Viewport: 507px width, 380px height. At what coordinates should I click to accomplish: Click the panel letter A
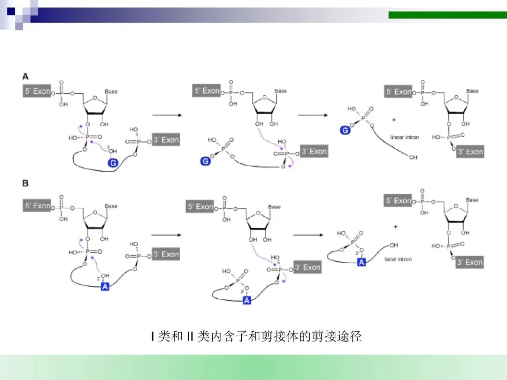pyautogui.click(x=25, y=76)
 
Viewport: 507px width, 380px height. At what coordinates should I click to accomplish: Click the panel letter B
pyautogui.click(x=25, y=183)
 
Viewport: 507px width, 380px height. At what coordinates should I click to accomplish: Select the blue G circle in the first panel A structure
pyautogui.click(x=113, y=163)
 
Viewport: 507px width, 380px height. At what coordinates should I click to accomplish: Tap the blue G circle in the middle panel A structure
pyautogui.click(x=205, y=161)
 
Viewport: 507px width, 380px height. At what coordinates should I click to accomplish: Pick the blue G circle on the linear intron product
pyautogui.click(x=345, y=130)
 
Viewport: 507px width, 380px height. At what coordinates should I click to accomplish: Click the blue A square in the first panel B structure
pyautogui.click(x=105, y=286)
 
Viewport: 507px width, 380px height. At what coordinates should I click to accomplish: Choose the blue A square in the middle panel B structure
pyautogui.click(x=247, y=300)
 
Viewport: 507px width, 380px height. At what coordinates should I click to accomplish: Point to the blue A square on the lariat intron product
pyautogui.click(x=361, y=262)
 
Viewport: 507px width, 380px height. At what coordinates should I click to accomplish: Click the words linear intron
pyautogui.click(x=405, y=137)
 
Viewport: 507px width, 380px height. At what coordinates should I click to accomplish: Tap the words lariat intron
pyautogui.click(x=398, y=259)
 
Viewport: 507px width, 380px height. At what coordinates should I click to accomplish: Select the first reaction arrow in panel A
pyautogui.click(x=166, y=114)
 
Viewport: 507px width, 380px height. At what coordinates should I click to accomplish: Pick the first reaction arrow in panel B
pyautogui.click(x=166, y=235)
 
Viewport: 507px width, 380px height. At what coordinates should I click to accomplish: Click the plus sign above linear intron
pyautogui.click(x=393, y=120)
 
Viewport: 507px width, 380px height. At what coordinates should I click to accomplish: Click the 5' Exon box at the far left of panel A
pyautogui.click(x=37, y=91)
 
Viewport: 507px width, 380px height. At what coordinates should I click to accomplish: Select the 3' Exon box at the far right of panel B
pyautogui.click(x=470, y=262)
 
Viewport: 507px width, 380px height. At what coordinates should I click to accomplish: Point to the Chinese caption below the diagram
pyautogui.click(x=256, y=336)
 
